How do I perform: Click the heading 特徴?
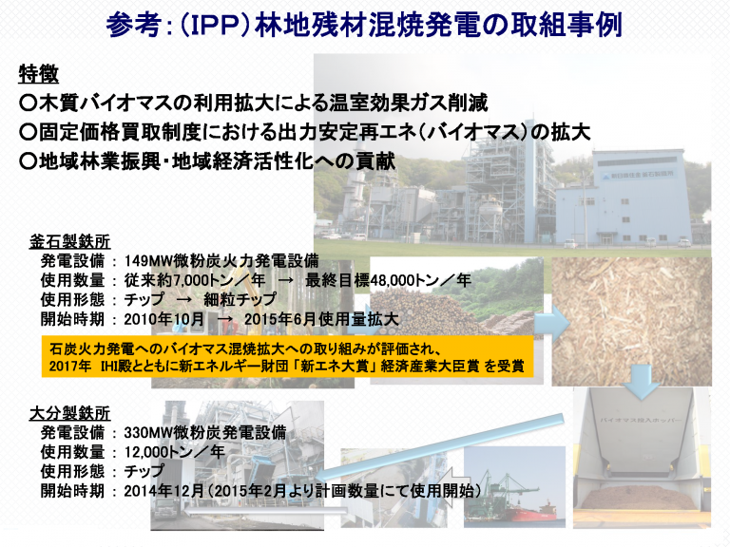click(x=39, y=74)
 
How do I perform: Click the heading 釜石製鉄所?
click(x=69, y=242)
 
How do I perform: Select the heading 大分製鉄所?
click(x=69, y=413)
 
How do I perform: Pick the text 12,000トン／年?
click(x=175, y=452)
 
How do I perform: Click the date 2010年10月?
click(x=163, y=319)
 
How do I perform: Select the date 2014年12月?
click(x=163, y=491)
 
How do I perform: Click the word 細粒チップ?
click(x=240, y=299)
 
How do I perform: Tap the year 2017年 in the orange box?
click(x=69, y=366)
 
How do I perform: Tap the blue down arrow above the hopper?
click(x=643, y=382)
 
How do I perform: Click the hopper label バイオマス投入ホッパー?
click(x=641, y=420)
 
